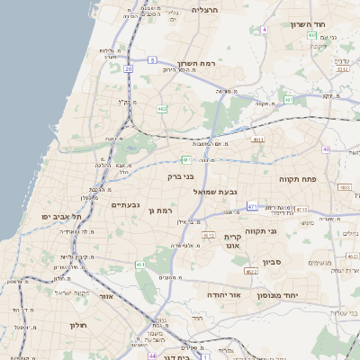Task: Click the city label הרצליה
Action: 205,10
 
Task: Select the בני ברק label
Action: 182,177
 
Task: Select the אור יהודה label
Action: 217,294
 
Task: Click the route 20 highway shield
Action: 129,67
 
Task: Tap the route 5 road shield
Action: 153,60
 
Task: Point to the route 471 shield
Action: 252,207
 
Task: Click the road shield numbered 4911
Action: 258,140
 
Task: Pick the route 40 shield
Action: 326,149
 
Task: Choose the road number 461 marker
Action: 139,265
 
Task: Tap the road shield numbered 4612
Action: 209,235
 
